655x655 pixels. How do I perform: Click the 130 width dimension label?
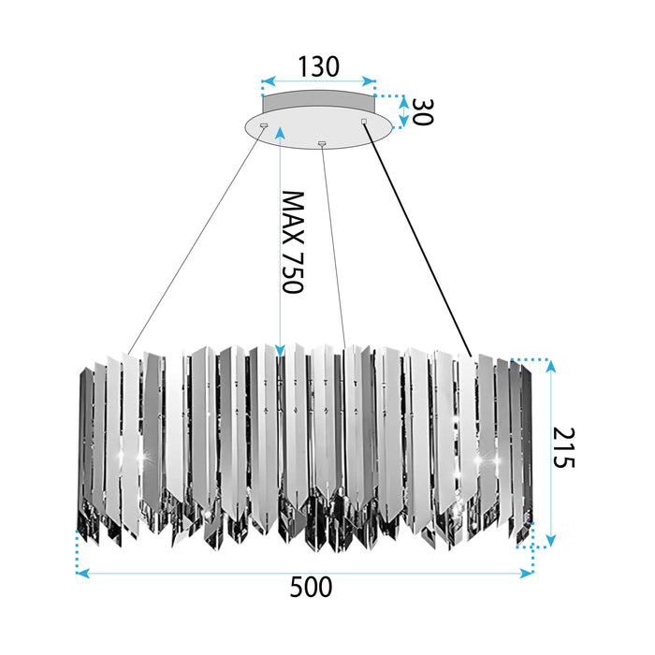click(x=318, y=66)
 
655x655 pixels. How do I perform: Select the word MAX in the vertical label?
click(x=293, y=214)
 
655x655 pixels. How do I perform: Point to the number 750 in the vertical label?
click(x=293, y=270)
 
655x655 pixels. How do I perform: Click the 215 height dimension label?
click(x=565, y=448)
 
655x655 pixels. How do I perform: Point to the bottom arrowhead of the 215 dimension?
click(x=551, y=540)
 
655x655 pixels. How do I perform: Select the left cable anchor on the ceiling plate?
click(x=263, y=125)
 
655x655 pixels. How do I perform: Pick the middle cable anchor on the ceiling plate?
click(x=322, y=143)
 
